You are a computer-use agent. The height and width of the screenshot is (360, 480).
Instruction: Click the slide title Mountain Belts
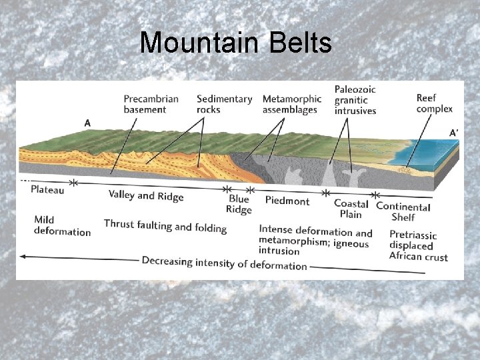click(235, 43)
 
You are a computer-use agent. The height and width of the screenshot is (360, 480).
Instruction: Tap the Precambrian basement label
click(151, 104)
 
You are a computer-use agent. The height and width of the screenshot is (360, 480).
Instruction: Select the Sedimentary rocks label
click(224, 104)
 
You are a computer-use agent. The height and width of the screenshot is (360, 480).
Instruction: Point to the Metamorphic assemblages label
click(291, 104)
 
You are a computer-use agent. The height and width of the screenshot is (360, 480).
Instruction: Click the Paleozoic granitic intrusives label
click(355, 99)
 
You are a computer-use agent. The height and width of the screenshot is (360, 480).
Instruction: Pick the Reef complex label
click(434, 103)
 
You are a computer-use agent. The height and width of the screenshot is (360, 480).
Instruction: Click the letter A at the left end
click(87, 123)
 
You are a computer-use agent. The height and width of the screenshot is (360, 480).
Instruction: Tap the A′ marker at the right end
click(453, 133)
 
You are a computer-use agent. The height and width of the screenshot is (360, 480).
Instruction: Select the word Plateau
click(47, 190)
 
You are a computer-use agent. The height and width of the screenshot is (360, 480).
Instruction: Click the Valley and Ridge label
click(145, 195)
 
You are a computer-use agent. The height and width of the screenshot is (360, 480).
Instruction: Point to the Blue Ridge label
click(239, 205)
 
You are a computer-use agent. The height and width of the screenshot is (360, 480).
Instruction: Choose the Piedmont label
click(287, 201)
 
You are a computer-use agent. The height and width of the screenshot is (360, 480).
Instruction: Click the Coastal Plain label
click(351, 209)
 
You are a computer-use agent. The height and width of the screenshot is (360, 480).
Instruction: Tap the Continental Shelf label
click(403, 211)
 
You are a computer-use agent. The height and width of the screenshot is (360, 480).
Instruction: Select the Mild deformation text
click(62, 226)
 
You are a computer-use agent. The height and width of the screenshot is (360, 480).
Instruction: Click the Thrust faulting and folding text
click(165, 226)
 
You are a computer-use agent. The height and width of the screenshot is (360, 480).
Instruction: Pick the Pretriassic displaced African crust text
click(418, 245)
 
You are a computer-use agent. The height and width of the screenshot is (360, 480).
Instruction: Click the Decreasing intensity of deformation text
click(224, 263)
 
